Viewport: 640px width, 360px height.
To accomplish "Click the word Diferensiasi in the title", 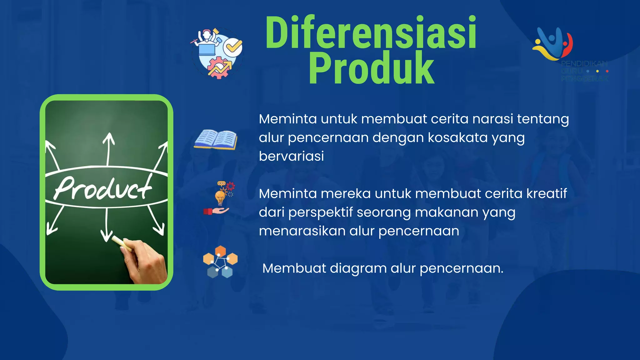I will click(x=371, y=33).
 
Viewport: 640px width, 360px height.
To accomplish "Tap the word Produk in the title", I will click(x=371, y=68).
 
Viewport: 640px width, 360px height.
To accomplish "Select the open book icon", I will click(x=216, y=139).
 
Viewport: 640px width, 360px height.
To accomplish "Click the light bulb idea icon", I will click(x=220, y=197).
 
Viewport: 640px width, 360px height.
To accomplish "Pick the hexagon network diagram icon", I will click(x=220, y=262).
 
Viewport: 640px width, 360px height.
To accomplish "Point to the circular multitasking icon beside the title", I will click(x=217, y=53).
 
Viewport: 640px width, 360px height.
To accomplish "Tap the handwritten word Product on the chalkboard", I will click(x=103, y=188).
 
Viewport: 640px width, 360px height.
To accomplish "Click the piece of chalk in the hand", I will click(x=118, y=241).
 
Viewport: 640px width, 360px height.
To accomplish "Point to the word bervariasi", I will click(x=291, y=156).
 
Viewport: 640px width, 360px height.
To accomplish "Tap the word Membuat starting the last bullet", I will click(x=294, y=268).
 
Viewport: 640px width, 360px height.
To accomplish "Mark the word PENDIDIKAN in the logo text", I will click(x=584, y=64).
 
